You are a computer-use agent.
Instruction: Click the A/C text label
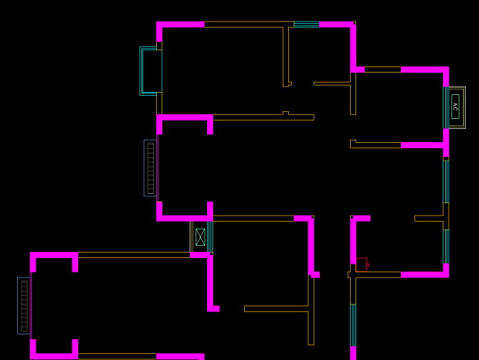(x=455, y=107)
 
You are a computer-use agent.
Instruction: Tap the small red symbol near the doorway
(x=362, y=264)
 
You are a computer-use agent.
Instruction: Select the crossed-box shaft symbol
(x=200, y=236)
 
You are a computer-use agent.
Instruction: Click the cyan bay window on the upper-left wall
(x=150, y=71)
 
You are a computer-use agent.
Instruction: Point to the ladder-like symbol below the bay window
(x=151, y=168)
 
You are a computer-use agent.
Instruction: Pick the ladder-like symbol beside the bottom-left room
(x=24, y=306)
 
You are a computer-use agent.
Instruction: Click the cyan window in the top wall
(x=306, y=25)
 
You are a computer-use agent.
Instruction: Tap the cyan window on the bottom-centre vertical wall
(x=353, y=324)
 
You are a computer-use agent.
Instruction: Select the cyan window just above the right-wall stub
(x=446, y=181)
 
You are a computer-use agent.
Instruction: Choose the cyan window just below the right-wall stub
(x=446, y=246)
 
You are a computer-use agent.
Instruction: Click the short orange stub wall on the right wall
(x=430, y=218)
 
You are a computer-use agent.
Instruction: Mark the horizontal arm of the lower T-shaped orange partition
(x=277, y=308)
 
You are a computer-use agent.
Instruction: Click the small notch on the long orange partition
(x=286, y=114)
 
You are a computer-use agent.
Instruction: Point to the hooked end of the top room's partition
(x=288, y=83)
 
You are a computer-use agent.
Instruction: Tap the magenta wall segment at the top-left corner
(x=180, y=25)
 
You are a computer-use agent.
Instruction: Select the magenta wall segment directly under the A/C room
(x=424, y=144)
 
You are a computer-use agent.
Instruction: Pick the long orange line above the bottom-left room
(x=134, y=254)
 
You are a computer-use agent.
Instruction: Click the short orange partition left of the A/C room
(x=332, y=83)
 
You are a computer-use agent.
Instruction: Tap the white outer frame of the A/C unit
(x=464, y=107)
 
